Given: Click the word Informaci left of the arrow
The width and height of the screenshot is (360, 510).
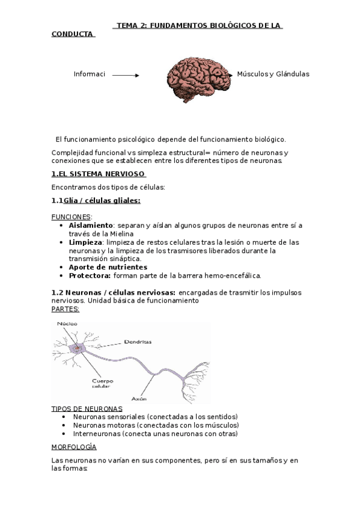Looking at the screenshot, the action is click(x=89, y=74).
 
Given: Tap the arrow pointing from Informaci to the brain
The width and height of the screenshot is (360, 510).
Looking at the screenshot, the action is click(x=126, y=75).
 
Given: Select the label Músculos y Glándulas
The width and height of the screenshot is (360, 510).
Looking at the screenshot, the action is click(x=273, y=74).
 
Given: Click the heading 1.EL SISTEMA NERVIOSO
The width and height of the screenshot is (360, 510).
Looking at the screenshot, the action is click(x=99, y=174).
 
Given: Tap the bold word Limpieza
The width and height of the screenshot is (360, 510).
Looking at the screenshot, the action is click(x=86, y=242).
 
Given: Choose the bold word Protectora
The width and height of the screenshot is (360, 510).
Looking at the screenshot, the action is click(x=90, y=275).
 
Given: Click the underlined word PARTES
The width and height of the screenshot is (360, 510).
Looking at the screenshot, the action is click(x=66, y=309).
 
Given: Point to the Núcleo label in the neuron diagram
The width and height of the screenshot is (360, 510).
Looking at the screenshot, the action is click(x=67, y=325).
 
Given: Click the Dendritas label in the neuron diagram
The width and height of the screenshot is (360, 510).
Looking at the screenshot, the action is click(x=138, y=342).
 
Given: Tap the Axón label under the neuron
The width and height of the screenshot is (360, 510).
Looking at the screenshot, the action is click(x=139, y=399).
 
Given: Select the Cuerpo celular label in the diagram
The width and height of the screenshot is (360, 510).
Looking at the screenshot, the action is click(x=102, y=383).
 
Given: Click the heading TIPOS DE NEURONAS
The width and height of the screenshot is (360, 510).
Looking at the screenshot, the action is click(x=87, y=408).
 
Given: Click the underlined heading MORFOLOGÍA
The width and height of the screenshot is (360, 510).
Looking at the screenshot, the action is click(x=74, y=447).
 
